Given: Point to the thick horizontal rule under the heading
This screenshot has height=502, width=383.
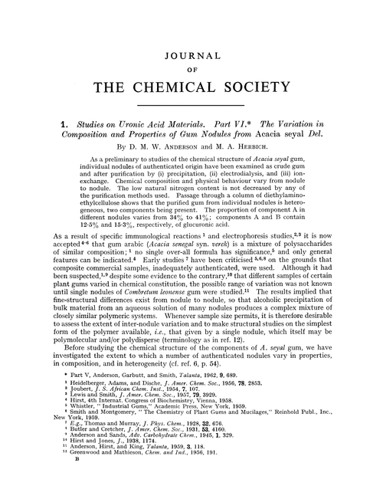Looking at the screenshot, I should point(191,103).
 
